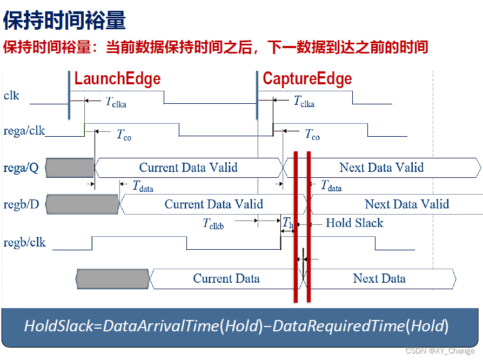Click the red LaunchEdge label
(x=117, y=78)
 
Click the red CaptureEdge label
(x=307, y=78)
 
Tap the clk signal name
(x=11, y=96)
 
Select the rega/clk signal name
(x=24, y=131)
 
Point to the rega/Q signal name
(x=21, y=168)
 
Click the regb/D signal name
(x=21, y=204)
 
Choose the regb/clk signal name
(x=25, y=243)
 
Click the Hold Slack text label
(x=354, y=223)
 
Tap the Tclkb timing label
(x=213, y=224)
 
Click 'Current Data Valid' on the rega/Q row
(x=188, y=168)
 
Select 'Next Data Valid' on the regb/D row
(x=407, y=204)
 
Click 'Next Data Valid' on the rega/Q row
(x=381, y=168)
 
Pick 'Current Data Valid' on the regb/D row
(x=214, y=204)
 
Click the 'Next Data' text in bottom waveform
(x=379, y=278)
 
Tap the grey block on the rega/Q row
(x=70, y=168)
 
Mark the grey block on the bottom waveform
(x=113, y=279)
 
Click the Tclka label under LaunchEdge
(x=116, y=102)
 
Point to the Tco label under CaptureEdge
(x=312, y=135)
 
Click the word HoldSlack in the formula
(x=58, y=326)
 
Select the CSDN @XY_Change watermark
(x=440, y=351)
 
